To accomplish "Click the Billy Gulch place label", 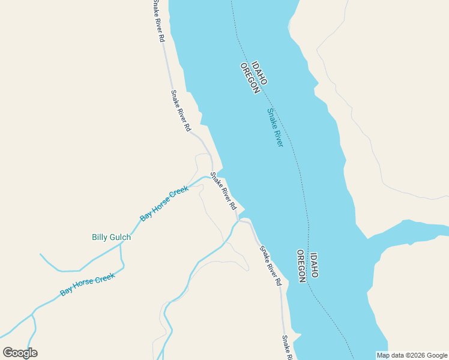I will [111, 237].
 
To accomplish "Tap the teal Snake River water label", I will [275, 127].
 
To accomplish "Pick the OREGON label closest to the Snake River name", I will [249, 78].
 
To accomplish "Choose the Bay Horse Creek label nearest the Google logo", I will [87, 285].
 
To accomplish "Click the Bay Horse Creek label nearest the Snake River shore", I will [164, 203].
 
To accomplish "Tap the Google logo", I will [20, 353].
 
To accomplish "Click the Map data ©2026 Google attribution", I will [412, 355].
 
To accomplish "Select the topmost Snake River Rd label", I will [158, 21].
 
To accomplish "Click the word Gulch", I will [120, 237].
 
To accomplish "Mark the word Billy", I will [100, 237].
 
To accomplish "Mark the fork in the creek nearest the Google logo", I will [34, 312].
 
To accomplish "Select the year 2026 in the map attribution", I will [411, 355].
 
